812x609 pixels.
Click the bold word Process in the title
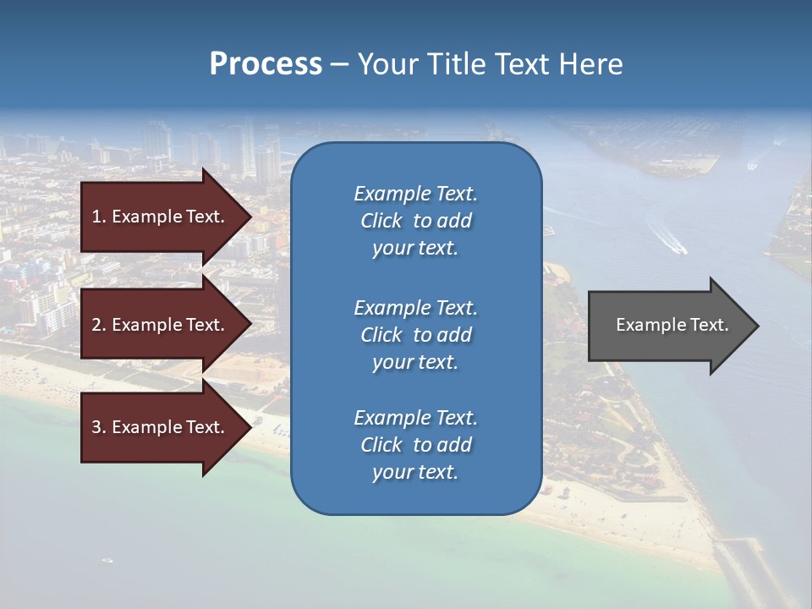pyautogui.click(x=266, y=64)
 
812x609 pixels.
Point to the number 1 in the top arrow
pyautogui.click(x=96, y=217)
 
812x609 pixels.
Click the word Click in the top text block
pyautogui.click(x=381, y=222)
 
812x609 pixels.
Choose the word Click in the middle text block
pyautogui.click(x=381, y=335)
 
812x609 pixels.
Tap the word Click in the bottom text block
pyautogui.click(x=381, y=445)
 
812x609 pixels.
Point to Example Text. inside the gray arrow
pyautogui.click(x=672, y=325)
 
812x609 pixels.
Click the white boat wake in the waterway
pyautogui.click(x=668, y=241)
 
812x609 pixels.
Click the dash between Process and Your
pyautogui.click(x=339, y=65)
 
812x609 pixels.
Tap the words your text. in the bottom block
pyautogui.click(x=414, y=473)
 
